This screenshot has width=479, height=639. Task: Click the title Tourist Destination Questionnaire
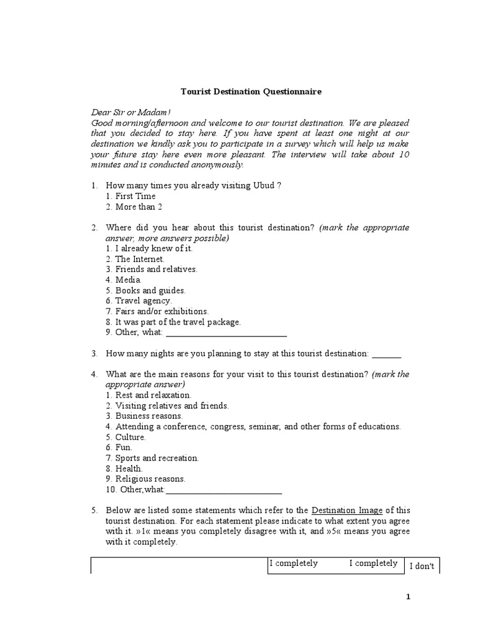click(x=251, y=92)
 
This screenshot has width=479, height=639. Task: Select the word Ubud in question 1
click(x=263, y=186)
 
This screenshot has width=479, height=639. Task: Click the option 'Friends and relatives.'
click(x=156, y=269)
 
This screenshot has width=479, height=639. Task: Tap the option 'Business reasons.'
click(x=148, y=416)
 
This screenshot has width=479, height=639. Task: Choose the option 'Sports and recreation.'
click(x=157, y=458)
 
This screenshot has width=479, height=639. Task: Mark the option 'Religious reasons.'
click(x=150, y=479)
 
